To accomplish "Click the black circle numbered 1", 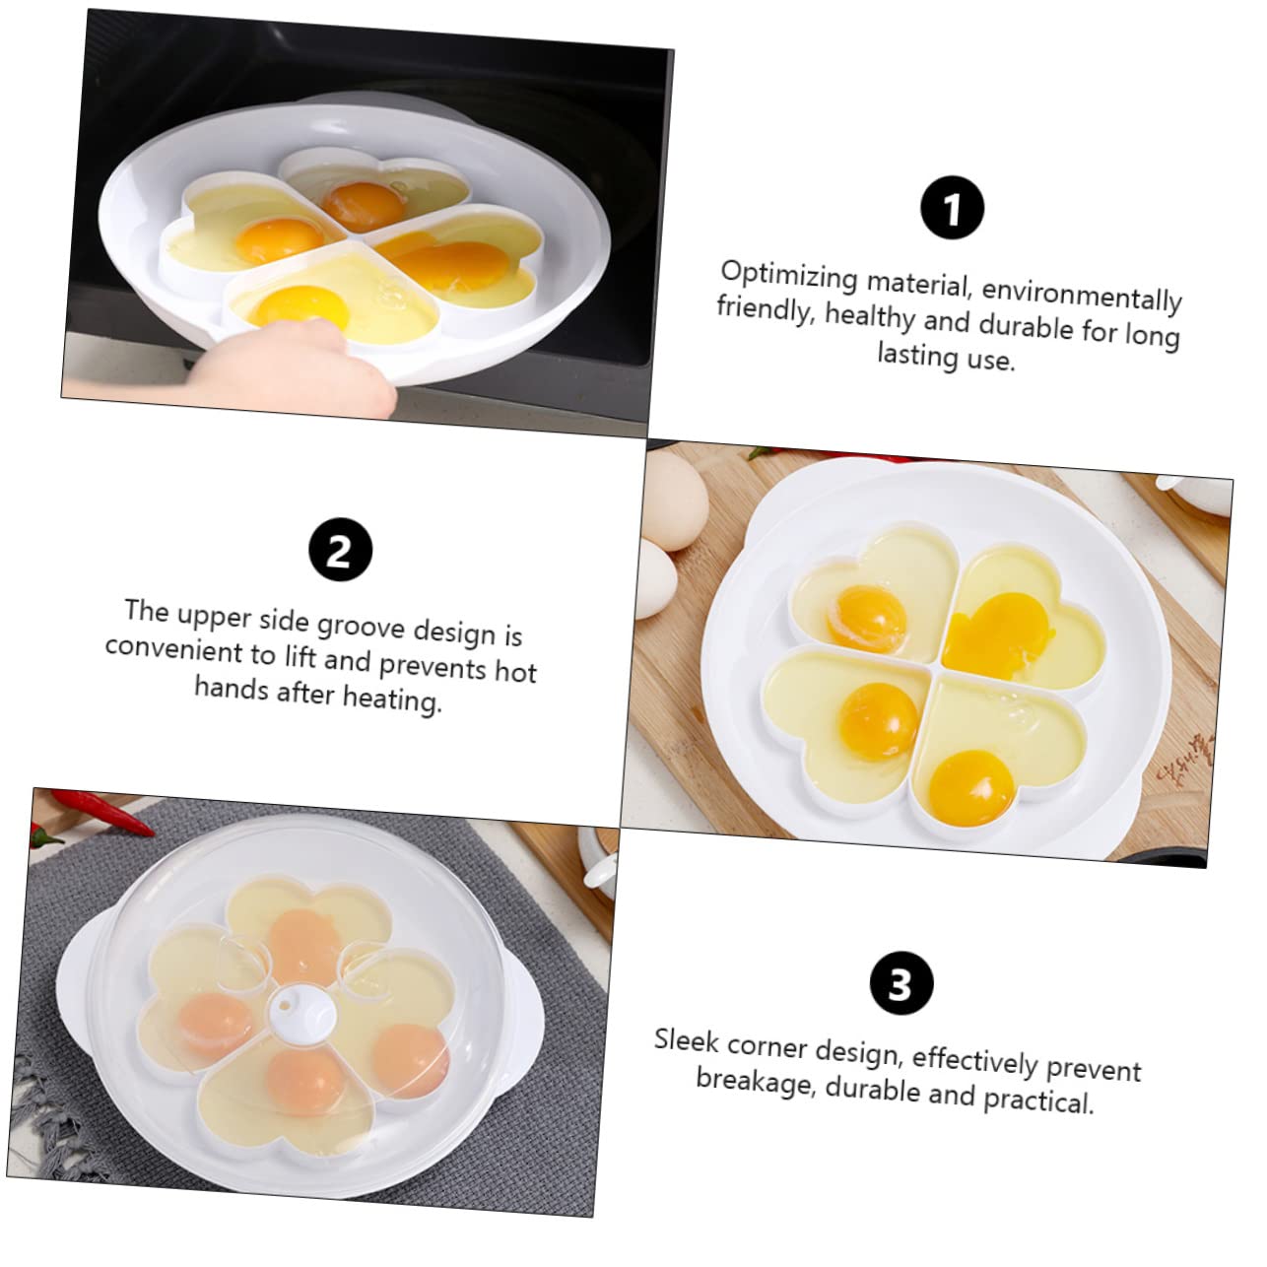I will pos(952,209).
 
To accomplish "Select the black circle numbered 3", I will pos(901,983).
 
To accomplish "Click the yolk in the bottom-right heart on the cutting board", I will pos(971,785).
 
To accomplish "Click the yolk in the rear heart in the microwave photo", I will pos(363,204).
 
